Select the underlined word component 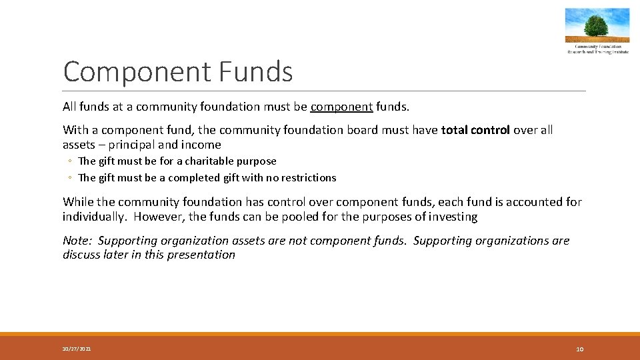(x=341, y=107)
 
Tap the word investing (x=454, y=217)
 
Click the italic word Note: (x=77, y=241)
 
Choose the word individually (x=95, y=217)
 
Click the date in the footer (x=77, y=349)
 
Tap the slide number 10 (x=579, y=349)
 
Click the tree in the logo (x=597, y=25)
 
